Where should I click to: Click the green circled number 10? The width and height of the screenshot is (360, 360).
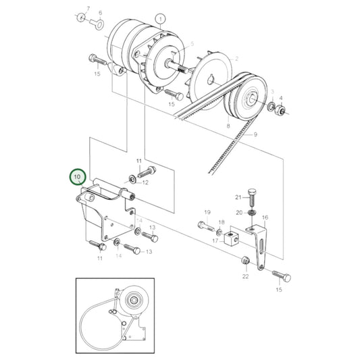[x=78, y=178]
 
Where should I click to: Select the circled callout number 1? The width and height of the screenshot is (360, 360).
[x=159, y=18]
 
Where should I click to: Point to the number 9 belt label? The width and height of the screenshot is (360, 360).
[x=255, y=135]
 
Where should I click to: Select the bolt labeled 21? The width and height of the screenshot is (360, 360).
[x=251, y=199]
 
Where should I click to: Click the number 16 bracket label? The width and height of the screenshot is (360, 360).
[x=265, y=217]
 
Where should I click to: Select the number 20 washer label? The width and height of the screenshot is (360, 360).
[x=237, y=212]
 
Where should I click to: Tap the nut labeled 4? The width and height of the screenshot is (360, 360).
[x=282, y=109]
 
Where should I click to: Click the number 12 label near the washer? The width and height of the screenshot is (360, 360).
[x=145, y=182]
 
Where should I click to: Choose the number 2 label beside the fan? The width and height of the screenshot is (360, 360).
[x=236, y=59]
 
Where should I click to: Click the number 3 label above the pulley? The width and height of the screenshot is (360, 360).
[x=272, y=90]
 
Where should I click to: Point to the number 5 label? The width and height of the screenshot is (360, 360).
[x=192, y=44]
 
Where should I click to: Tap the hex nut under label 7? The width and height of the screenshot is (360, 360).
[x=81, y=17]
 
